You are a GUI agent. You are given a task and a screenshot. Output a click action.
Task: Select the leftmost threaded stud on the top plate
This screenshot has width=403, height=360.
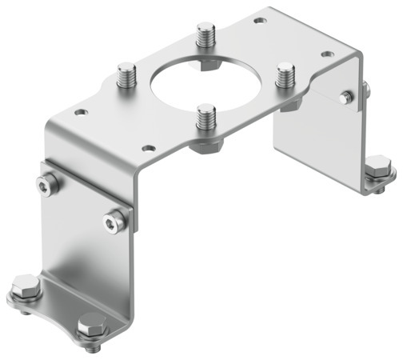tap(127, 77)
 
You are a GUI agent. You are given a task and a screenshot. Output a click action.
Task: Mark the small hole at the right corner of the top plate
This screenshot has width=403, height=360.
tap(327, 54)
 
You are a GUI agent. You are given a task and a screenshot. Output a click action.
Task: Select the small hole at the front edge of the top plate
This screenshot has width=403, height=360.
tap(148, 148)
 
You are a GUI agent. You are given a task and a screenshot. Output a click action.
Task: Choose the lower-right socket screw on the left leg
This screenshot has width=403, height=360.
tap(118, 215)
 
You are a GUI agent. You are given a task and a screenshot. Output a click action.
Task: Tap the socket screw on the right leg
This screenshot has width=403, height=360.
tap(345, 98)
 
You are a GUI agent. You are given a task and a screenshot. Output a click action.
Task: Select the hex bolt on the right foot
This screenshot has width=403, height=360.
tap(381, 170)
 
